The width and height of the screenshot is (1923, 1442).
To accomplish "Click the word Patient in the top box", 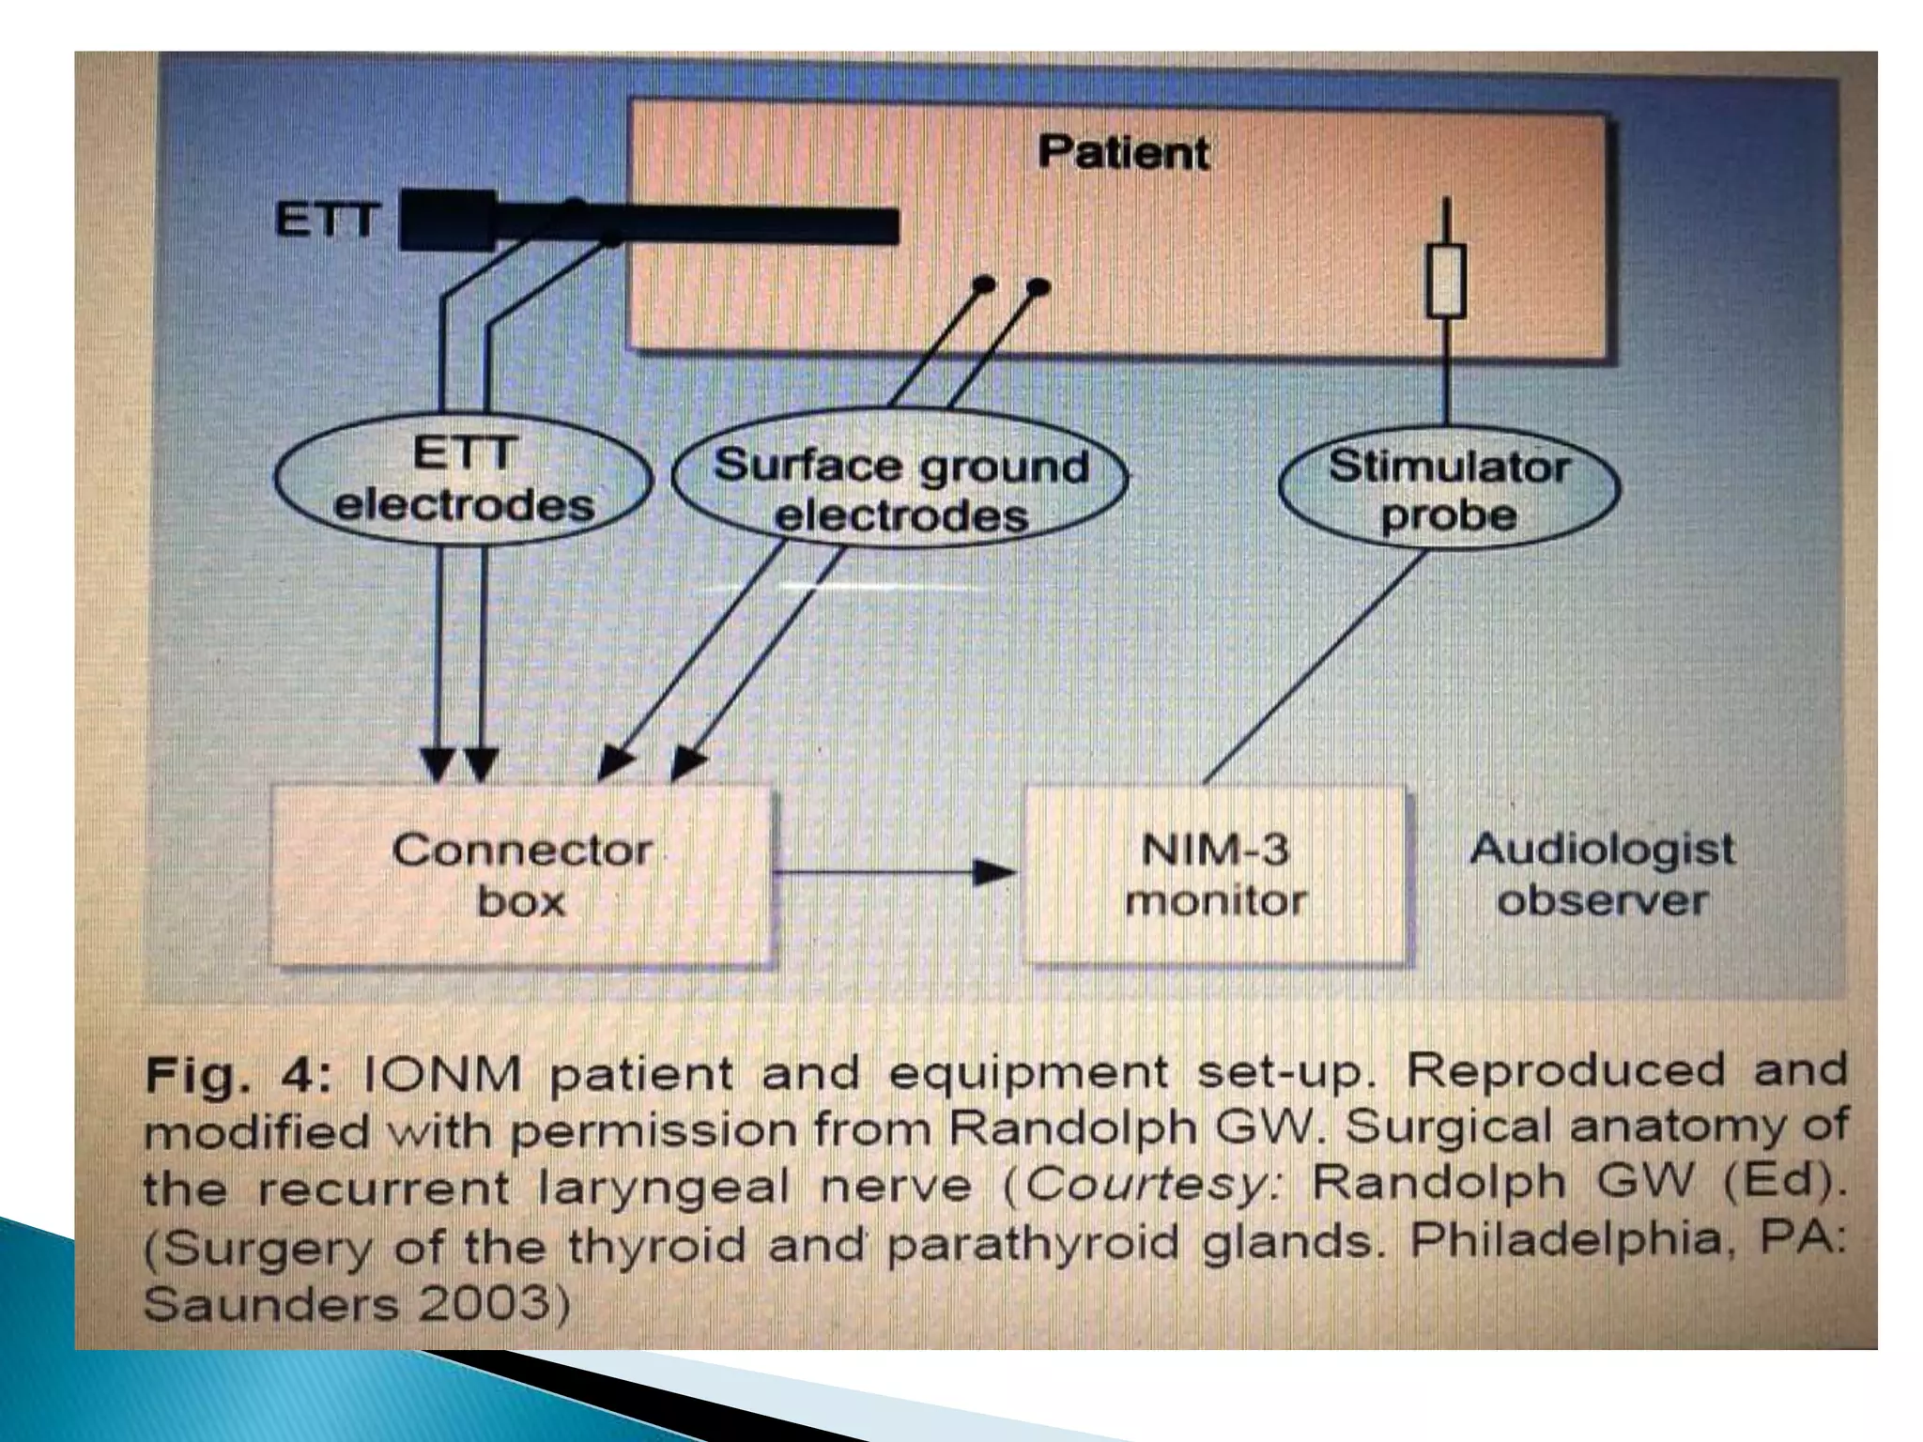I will (x=1123, y=152).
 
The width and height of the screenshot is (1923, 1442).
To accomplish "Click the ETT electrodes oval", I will (x=464, y=481).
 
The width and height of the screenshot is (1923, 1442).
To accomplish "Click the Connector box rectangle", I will (x=522, y=876).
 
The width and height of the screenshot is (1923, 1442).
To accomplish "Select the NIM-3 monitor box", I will (x=1216, y=876).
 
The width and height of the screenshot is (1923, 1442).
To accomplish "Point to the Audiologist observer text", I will (x=1602, y=874).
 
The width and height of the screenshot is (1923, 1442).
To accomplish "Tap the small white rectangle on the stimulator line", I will (x=1446, y=280).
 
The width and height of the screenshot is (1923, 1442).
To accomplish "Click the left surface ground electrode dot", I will (x=982, y=284).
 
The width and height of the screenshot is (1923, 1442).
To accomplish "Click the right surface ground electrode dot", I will (x=1038, y=286).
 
